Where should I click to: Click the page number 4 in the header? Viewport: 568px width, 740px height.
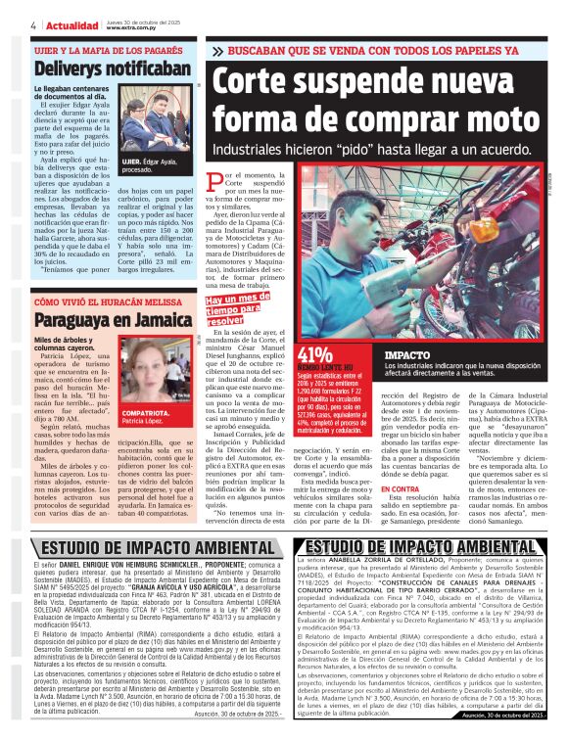coord(34,24)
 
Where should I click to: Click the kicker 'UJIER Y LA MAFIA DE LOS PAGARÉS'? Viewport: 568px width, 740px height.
coord(107,48)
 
